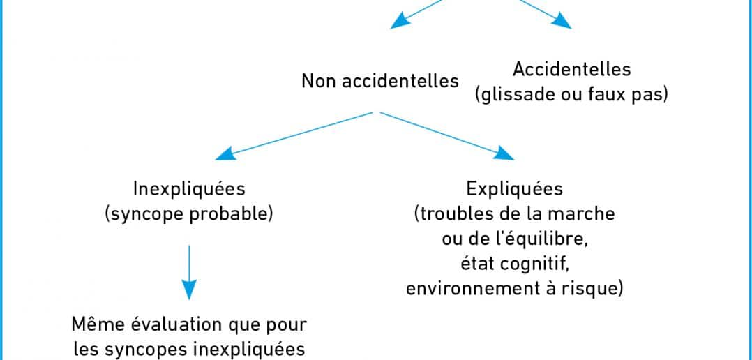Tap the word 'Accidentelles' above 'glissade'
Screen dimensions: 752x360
[x=572, y=70]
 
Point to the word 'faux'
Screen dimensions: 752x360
[x=608, y=95]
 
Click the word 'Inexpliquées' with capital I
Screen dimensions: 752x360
[x=189, y=189]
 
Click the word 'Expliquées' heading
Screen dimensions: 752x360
[x=515, y=189]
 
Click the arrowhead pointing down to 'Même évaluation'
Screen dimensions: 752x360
[x=189, y=290]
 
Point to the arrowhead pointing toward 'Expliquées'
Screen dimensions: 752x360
[x=504, y=153]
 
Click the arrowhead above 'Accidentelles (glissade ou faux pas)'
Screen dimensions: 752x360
[x=562, y=22]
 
